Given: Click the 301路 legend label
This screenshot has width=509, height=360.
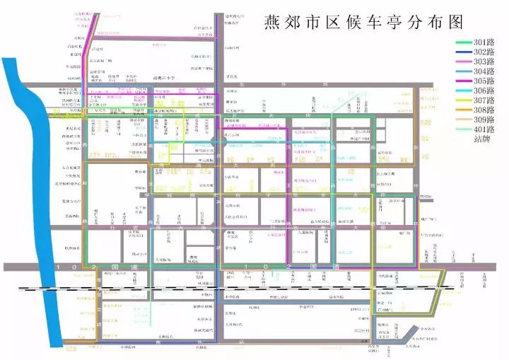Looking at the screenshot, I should (x=486, y=42).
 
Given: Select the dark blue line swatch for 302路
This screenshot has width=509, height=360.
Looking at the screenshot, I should (x=463, y=52).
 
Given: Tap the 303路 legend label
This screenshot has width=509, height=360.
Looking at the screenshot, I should (x=486, y=62).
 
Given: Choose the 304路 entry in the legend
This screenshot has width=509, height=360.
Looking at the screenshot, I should (x=486, y=71).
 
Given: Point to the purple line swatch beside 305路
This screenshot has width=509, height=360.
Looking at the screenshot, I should (x=463, y=81).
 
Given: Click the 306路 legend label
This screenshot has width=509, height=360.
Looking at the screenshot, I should (x=486, y=91).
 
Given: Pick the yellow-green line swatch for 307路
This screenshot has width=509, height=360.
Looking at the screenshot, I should (x=463, y=100).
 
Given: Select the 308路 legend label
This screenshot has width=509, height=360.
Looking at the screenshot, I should (x=486, y=110).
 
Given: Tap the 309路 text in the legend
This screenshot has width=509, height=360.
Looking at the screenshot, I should (x=486, y=120).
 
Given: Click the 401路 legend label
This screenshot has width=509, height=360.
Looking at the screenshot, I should (x=486, y=129).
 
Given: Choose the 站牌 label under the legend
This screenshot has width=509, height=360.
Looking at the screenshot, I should (x=483, y=139).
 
